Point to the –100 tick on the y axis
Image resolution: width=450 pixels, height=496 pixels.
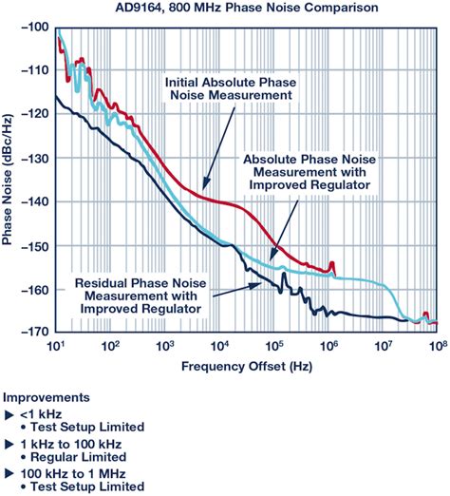pos(36,27)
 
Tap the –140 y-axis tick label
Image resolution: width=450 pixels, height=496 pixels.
pos(36,202)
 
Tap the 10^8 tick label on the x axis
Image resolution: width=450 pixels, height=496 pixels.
pos(436,345)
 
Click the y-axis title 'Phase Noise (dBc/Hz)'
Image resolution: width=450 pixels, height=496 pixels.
pos(9,181)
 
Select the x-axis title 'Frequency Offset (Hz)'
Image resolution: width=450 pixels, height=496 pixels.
pos(246,364)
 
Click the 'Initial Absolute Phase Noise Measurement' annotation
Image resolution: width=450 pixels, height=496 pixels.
pos(227,88)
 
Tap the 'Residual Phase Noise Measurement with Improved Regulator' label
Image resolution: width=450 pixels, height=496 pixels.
pos(142,296)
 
